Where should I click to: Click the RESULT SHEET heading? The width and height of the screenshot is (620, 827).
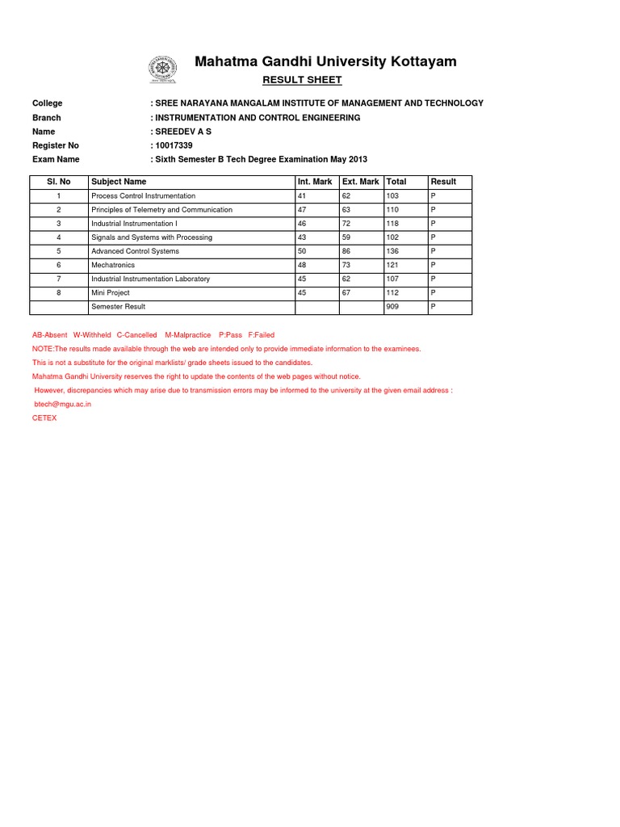[303, 80]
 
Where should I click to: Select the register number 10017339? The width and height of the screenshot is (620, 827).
[174, 145]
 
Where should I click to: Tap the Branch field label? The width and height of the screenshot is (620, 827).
[46, 118]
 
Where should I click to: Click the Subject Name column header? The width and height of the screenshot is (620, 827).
[119, 182]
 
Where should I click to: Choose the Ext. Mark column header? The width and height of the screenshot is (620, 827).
[360, 182]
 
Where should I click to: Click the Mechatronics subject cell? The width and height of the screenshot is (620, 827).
[113, 265]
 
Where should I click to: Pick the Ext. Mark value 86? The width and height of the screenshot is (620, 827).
[347, 251]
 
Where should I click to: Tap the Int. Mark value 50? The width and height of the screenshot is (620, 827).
[303, 251]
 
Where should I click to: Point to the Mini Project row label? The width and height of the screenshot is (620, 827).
[111, 293]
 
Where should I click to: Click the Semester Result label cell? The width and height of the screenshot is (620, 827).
[119, 307]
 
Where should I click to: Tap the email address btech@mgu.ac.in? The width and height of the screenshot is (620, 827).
[63, 405]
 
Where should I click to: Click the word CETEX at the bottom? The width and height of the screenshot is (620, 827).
[44, 418]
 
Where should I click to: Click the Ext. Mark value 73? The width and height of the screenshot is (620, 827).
[347, 265]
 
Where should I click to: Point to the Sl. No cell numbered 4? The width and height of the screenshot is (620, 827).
[58, 237]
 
